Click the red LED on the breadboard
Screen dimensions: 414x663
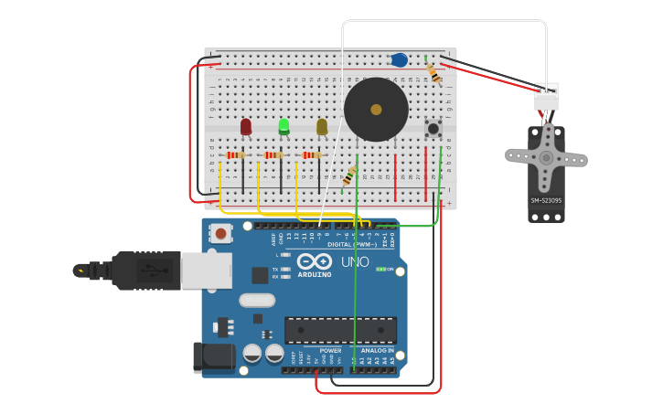click(x=246, y=126)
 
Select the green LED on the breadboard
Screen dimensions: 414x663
click(x=284, y=125)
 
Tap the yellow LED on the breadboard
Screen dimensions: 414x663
click(x=322, y=126)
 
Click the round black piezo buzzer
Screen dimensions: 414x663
click(x=376, y=110)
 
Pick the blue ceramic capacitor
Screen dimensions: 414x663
click(x=399, y=60)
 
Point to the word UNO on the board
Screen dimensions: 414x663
click(x=355, y=262)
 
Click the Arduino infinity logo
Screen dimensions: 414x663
click(x=314, y=261)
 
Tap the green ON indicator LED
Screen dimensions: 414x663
click(x=380, y=269)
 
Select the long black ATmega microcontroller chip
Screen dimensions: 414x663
click(x=340, y=330)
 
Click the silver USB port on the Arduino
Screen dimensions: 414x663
click(x=206, y=271)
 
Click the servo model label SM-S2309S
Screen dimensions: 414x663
click(x=546, y=201)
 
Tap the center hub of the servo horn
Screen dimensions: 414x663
click(x=546, y=157)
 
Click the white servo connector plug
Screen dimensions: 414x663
click(x=546, y=96)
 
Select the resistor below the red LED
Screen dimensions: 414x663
click(x=236, y=155)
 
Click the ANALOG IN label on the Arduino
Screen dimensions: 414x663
click(x=377, y=350)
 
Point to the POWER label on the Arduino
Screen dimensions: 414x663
click(x=330, y=350)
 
